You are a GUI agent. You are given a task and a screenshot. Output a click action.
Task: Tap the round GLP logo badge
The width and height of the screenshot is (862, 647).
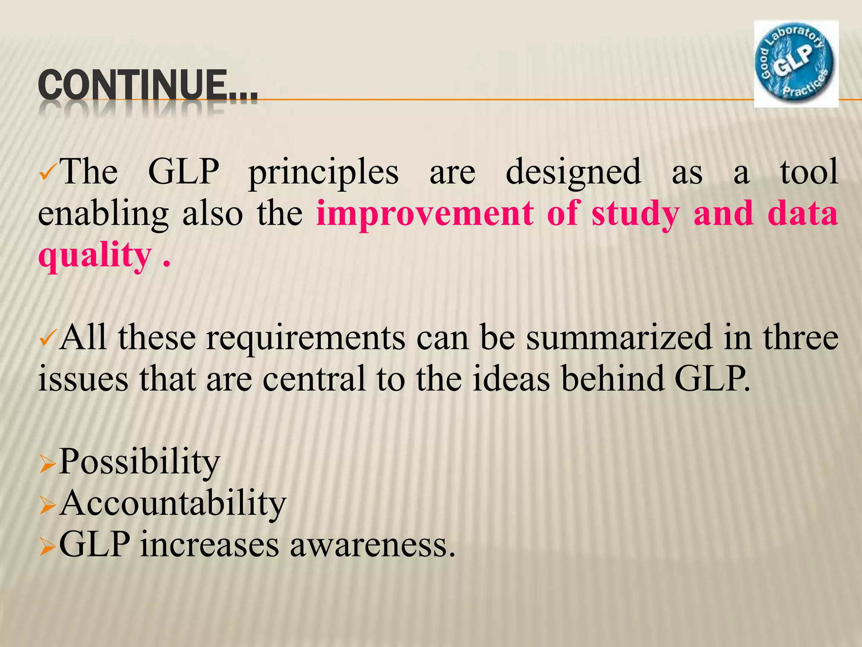pyautogui.click(x=795, y=64)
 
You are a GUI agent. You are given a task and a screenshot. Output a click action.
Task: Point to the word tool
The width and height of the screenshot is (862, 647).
pyautogui.click(x=809, y=172)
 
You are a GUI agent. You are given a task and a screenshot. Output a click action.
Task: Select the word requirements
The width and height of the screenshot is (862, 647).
pyautogui.click(x=306, y=338)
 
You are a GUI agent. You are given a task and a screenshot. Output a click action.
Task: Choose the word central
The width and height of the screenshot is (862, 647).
pyautogui.click(x=314, y=379)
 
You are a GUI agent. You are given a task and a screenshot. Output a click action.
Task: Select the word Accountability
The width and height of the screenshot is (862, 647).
pyautogui.click(x=173, y=503)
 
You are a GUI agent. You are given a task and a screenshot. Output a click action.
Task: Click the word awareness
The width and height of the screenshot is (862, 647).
pyautogui.click(x=373, y=545)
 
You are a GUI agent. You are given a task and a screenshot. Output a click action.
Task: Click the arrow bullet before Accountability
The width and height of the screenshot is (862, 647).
pyautogui.click(x=47, y=505)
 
